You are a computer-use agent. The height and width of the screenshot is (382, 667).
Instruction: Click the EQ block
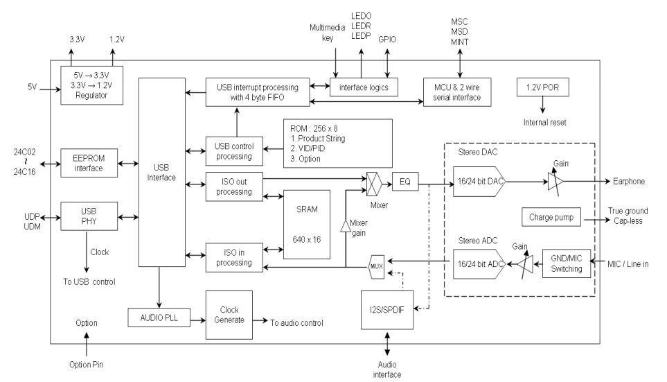405,182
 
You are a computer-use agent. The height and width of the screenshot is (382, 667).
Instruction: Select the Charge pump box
551,217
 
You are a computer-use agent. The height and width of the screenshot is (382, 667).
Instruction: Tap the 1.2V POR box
543,87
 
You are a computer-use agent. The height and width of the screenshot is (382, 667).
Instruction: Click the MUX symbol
377,267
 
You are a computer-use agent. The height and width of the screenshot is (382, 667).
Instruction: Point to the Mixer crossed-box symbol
373,184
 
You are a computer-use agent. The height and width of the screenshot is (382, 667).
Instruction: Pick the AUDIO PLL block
159,318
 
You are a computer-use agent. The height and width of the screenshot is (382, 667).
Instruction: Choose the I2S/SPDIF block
387,310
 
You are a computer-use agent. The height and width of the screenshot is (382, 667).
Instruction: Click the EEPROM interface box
89,163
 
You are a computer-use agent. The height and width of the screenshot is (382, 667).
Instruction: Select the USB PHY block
89,216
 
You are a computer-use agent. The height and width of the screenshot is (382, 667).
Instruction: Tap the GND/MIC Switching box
567,263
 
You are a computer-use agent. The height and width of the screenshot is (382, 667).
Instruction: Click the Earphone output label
629,182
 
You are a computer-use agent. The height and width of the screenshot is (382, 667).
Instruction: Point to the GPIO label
387,40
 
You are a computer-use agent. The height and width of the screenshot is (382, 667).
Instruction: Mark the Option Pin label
87,365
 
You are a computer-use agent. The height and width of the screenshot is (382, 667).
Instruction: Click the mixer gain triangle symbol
346,226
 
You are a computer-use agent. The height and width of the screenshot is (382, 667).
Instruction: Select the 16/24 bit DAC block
479,182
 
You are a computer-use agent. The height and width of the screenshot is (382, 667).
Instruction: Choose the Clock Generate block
229,315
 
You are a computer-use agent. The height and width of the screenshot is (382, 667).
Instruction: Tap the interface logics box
364,87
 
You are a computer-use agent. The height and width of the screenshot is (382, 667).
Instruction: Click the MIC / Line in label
628,264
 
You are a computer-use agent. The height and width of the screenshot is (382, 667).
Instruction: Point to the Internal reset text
545,123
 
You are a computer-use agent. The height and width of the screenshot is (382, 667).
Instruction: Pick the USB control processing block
234,151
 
